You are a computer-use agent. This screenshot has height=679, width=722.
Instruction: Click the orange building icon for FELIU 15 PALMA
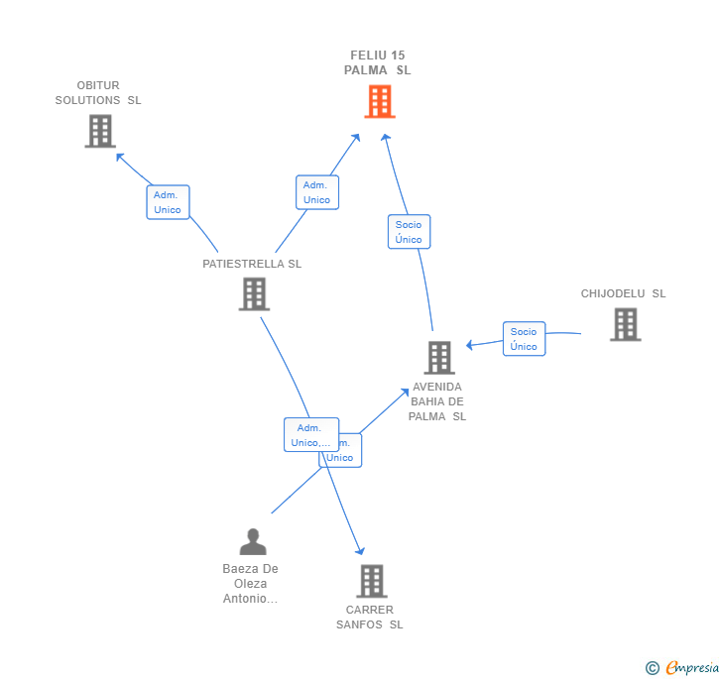coord(379,101)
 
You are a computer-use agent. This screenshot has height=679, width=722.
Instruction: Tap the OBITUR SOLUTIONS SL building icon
coord(100,131)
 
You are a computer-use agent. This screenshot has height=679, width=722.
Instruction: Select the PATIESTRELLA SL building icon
coord(254,293)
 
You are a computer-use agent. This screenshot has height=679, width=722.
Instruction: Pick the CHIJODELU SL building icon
coord(625,324)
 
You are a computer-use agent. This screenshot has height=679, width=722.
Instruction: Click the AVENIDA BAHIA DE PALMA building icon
coord(438,358)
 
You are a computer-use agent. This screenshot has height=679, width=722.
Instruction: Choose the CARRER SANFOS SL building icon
coord(371,581)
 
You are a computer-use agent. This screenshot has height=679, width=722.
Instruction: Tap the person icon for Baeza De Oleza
coord(253,542)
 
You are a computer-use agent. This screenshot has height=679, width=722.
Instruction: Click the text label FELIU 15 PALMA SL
coord(378,62)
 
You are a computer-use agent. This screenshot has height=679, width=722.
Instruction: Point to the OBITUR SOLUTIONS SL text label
coord(98,93)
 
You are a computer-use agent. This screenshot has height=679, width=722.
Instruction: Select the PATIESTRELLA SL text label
coord(252,264)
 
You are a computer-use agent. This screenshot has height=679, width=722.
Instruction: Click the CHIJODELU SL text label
coord(623,293)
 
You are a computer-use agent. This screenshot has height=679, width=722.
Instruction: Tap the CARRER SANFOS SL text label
coord(370,617)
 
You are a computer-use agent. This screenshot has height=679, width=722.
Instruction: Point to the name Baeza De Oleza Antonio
coord(251,584)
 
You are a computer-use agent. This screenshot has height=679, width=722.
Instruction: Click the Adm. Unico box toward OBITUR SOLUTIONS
coord(168,202)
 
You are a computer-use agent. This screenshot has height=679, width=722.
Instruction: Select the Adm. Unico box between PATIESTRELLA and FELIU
coord(317,192)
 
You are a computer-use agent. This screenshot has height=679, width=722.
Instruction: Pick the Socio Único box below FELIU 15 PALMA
coord(409,232)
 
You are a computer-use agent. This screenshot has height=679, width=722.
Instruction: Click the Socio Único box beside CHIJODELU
coord(524,339)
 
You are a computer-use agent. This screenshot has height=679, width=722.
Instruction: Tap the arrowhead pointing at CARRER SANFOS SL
coord(361,550)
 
